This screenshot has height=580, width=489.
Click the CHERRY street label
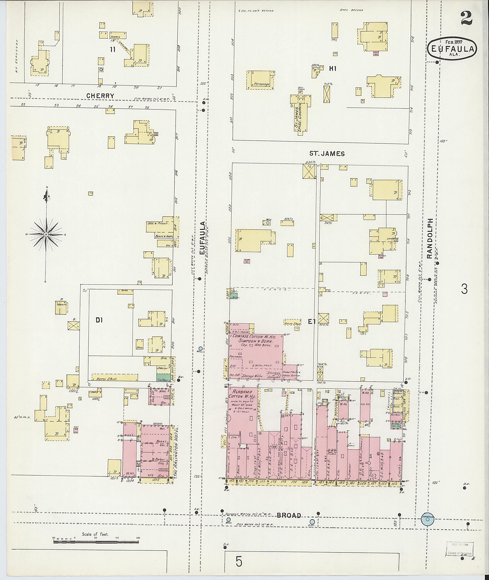point(100,96)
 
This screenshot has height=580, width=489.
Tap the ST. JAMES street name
point(327,154)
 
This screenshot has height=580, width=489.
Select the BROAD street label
point(289,515)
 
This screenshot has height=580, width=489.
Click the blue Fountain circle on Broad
point(427,520)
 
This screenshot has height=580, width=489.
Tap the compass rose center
point(46,234)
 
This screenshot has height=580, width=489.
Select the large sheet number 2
point(467,19)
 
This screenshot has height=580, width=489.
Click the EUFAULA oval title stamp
point(452,49)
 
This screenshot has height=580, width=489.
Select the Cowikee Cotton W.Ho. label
point(254,339)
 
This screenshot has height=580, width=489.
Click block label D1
point(99,320)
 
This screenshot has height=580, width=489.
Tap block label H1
point(333,69)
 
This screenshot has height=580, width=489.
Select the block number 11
point(112,50)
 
